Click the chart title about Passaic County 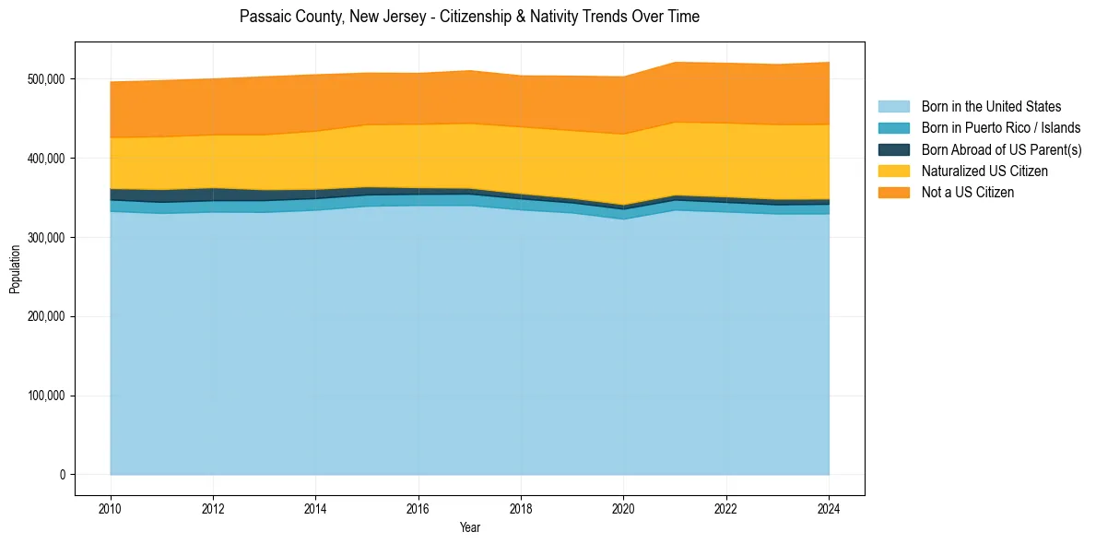[x=469, y=17]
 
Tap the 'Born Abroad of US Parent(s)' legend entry [x=1001, y=149]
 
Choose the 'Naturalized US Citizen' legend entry [x=984, y=171]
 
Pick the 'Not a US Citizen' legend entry [x=968, y=192]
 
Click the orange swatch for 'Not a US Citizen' [x=893, y=192]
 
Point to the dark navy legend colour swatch [x=893, y=149]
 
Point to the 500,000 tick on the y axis [x=45, y=79]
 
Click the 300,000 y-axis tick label [x=45, y=238]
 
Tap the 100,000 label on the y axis [x=45, y=396]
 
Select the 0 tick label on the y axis [x=63, y=475]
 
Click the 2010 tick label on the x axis [x=111, y=509]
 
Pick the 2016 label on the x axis [x=418, y=509]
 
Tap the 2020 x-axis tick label [x=624, y=509]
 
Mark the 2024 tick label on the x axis [x=830, y=509]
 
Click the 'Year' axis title [x=469, y=528]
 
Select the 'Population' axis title [x=15, y=269]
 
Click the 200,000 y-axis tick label [x=45, y=317]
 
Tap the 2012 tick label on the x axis [x=213, y=509]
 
